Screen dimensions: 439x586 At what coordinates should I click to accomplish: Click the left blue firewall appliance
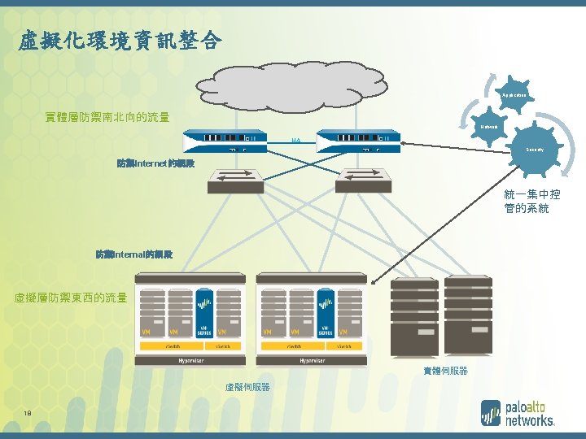coord(225,140)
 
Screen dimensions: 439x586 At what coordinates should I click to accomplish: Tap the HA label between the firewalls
coord(296,140)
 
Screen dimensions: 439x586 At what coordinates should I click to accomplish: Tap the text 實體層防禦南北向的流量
coord(107,117)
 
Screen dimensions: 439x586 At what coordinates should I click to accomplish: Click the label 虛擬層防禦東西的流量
coord(71,298)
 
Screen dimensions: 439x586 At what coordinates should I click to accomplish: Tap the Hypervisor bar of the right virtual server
coord(312,359)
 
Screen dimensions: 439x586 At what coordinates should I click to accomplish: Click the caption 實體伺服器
coord(445,371)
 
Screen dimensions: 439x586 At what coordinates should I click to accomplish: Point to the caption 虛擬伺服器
coord(247,387)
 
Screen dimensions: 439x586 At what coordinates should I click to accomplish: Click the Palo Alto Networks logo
coord(518,413)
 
